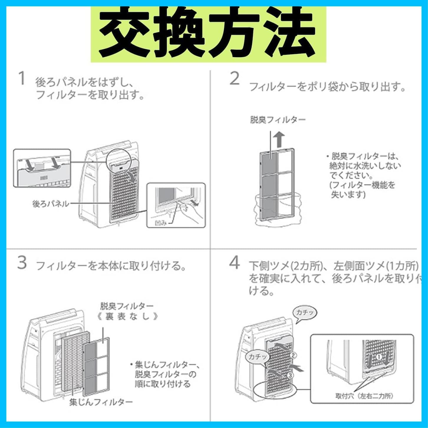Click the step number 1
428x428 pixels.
[x=22, y=79]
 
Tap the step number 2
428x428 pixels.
[x=235, y=79]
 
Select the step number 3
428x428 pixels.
[x=22, y=263]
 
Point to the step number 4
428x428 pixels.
[x=235, y=263]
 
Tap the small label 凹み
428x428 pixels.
[x=161, y=223]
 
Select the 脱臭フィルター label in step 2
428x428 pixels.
[x=278, y=120]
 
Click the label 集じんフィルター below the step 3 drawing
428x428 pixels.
[x=101, y=402]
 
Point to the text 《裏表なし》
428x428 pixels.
[x=127, y=317]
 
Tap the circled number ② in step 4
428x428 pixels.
[x=293, y=355]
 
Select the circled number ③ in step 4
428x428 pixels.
[x=290, y=376]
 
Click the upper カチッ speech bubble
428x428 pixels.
[x=304, y=313]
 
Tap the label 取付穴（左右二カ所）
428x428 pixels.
[x=364, y=396]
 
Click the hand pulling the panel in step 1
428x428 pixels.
[x=192, y=213]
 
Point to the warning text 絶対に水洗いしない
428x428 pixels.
[x=365, y=165]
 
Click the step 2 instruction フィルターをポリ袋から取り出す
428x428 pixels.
[x=327, y=87]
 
